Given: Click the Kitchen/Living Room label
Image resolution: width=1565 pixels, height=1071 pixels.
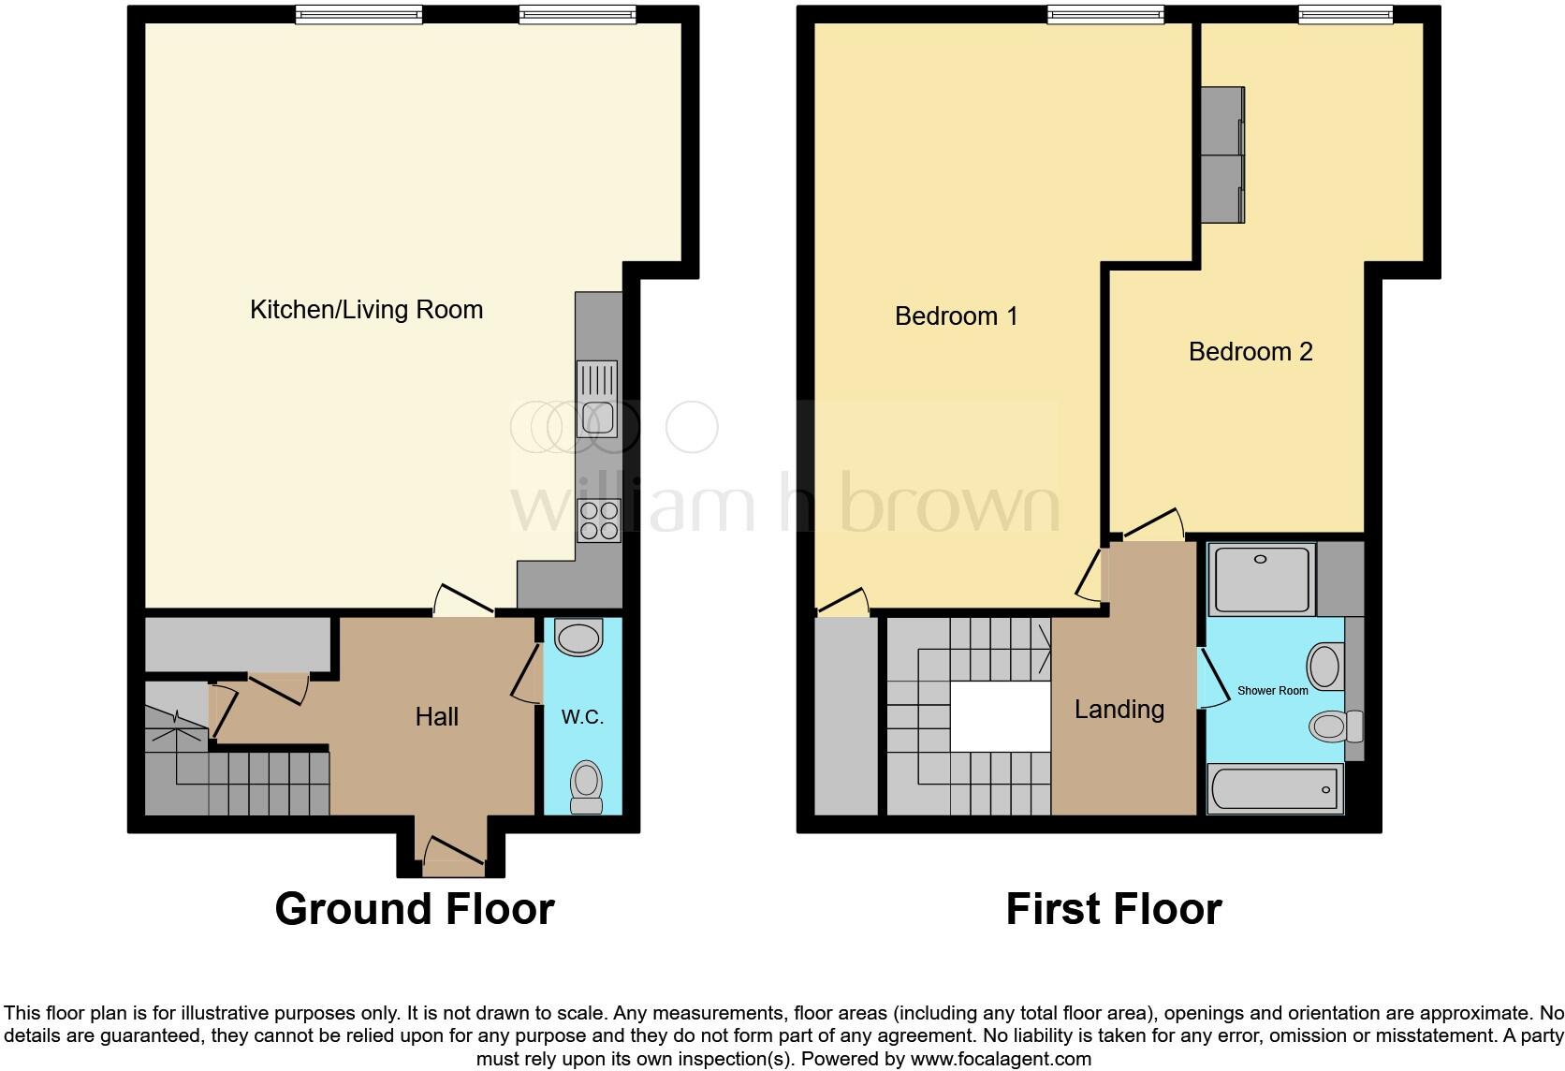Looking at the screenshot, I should pyautogui.click(x=366, y=310).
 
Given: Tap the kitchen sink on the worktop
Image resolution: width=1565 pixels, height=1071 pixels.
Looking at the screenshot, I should pyautogui.click(x=597, y=400).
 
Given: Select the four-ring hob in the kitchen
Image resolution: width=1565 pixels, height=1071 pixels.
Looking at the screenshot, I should pyautogui.click(x=599, y=521).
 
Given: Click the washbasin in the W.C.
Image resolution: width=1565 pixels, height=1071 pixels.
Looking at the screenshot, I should pyautogui.click(x=579, y=639).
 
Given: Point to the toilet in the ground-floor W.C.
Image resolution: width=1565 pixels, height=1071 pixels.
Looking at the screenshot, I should pyautogui.click(x=587, y=786).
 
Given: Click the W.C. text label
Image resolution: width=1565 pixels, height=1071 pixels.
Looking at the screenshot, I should pyautogui.click(x=582, y=717).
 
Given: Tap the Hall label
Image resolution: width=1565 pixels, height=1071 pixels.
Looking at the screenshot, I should pyautogui.click(x=436, y=717).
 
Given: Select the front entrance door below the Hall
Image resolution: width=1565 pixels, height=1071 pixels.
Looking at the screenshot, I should pyautogui.click(x=453, y=856).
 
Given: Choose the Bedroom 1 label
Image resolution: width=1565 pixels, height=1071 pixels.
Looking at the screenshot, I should pyautogui.click(x=956, y=316).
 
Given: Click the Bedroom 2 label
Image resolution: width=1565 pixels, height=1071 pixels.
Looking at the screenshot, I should pyautogui.click(x=1251, y=352).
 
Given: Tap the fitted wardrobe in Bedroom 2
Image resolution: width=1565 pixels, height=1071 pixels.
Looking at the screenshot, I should pyautogui.click(x=1223, y=155).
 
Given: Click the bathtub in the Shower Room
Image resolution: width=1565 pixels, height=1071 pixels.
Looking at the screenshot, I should pyautogui.click(x=1275, y=789).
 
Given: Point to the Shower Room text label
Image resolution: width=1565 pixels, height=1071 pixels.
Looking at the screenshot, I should pyautogui.click(x=1272, y=691).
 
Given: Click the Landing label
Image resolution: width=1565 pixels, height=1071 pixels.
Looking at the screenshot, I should pyautogui.click(x=1119, y=710).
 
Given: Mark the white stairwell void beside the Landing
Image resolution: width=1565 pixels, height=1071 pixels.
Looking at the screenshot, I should pyautogui.click(x=1001, y=716).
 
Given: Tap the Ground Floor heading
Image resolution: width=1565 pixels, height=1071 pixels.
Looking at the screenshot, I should pyautogui.click(x=415, y=909).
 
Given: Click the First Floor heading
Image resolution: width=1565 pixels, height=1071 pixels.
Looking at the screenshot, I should pyautogui.click(x=1113, y=909).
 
